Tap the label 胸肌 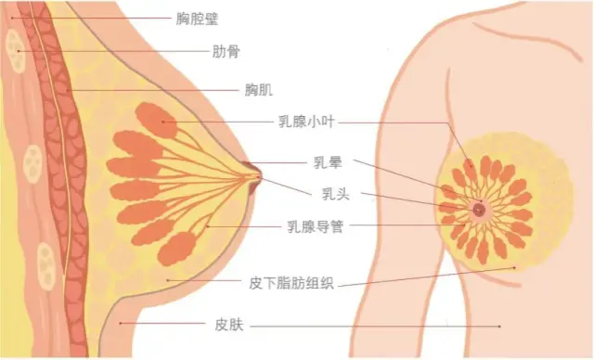(258, 90)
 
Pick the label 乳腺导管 (316, 225)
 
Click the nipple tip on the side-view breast (257, 173)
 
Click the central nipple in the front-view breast (479, 210)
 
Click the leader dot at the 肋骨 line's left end (19, 50)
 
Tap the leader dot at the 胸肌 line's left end (66, 90)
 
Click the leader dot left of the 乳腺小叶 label (164, 121)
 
